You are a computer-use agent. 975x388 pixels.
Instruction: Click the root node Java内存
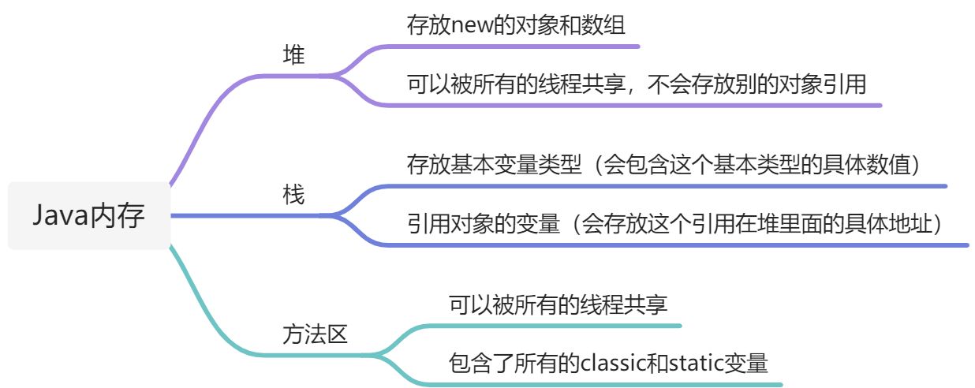pyautogui.click(x=89, y=216)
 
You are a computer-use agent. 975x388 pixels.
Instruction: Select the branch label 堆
pyautogui.click(x=293, y=54)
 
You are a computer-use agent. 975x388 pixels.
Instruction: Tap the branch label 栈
pyautogui.click(x=293, y=195)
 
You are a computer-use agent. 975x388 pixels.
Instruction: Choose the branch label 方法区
pyautogui.click(x=315, y=334)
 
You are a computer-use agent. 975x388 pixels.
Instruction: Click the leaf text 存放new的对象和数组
pyautogui.click(x=516, y=24)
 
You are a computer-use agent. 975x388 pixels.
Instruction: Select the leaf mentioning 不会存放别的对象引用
pyautogui.click(x=637, y=84)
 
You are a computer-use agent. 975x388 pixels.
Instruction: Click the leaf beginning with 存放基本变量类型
pyautogui.click(x=663, y=165)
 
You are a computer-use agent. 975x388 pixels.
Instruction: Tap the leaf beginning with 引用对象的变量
pyautogui.click(x=674, y=224)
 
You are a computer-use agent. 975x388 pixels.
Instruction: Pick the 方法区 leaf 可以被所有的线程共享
pyautogui.click(x=558, y=304)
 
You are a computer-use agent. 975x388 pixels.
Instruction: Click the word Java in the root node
pyautogui.click(x=61, y=216)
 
